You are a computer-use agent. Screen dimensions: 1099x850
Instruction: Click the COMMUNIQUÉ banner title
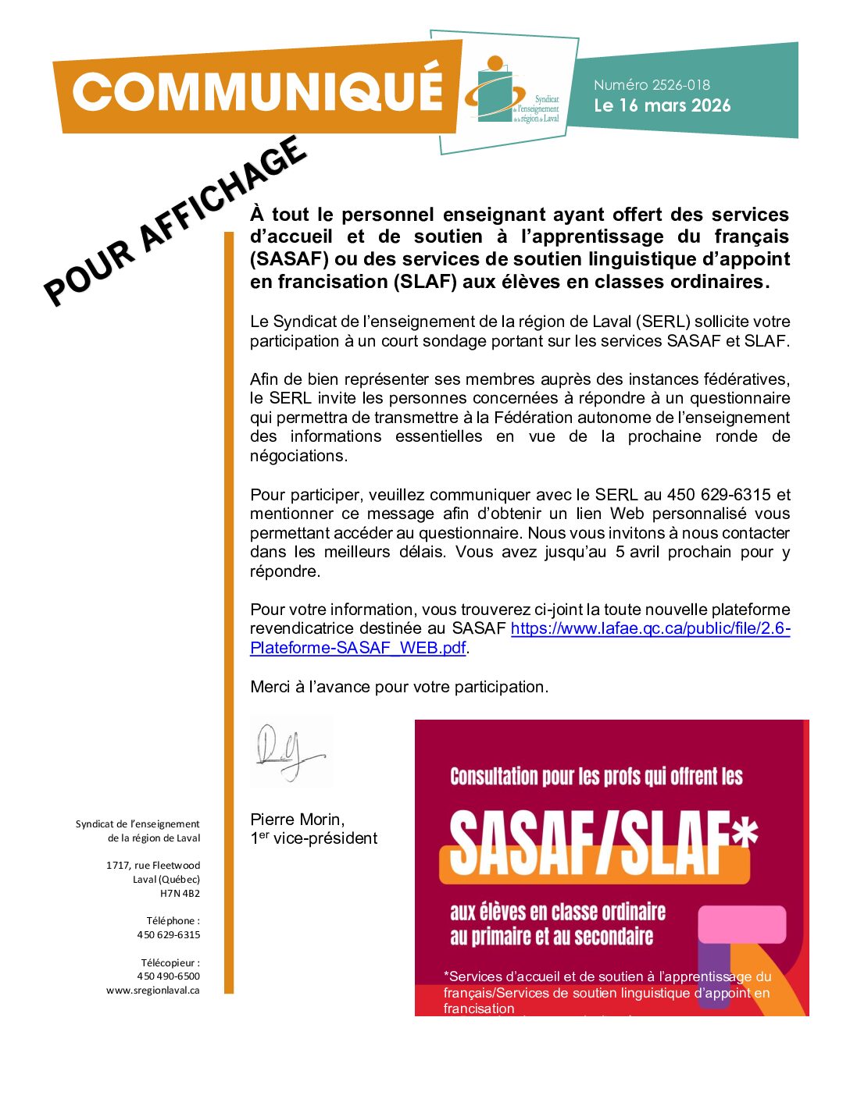coord(258,92)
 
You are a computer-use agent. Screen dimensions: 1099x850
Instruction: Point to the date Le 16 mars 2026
coord(662,105)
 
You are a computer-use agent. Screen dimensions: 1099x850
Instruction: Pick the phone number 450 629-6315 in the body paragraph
coord(718,495)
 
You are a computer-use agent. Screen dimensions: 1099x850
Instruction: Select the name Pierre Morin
coord(297,820)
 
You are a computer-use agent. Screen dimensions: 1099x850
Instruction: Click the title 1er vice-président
coord(313,838)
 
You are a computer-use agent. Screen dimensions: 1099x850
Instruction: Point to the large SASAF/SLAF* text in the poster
coord(602,843)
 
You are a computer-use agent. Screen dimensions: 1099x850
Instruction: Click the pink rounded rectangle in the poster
coord(741,924)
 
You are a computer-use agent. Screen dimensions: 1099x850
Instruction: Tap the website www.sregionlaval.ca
coord(153,991)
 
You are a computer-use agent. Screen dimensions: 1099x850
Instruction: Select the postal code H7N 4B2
coord(180,894)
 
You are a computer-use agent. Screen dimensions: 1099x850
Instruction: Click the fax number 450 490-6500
coord(168,976)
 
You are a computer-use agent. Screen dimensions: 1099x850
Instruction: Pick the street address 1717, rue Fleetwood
coord(153,866)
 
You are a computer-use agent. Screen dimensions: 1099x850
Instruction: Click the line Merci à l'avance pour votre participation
coord(399,687)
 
